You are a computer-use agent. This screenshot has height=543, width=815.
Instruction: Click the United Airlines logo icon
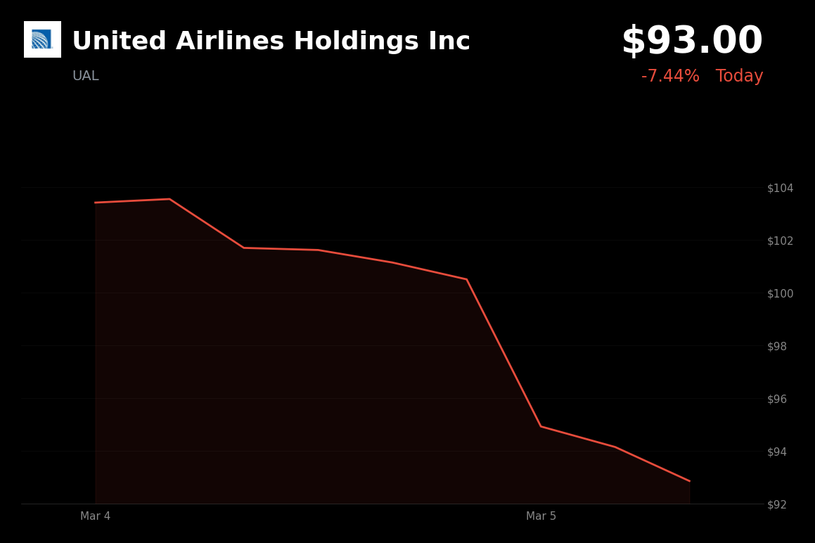tap(42, 39)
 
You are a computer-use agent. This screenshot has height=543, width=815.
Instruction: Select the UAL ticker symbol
tap(86, 76)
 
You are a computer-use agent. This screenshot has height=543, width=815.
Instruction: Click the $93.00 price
tap(692, 41)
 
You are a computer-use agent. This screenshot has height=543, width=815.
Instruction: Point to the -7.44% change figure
tap(670, 77)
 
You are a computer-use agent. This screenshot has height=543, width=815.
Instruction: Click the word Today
tap(739, 77)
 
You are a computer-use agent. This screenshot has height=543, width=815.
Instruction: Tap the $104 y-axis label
tap(780, 188)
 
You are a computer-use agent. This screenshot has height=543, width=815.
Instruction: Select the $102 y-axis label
tap(780, 241)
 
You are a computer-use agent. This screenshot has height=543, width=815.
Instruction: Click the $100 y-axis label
tap(780, 293)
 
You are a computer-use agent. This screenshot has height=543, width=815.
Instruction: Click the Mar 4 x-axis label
tap(96, 516)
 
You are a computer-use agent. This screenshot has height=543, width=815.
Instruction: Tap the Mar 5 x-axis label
tap(541, 516)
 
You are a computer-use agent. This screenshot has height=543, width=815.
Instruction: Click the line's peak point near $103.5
tap(169, 199)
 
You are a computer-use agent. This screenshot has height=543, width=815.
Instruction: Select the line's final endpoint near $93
tap(689, 481)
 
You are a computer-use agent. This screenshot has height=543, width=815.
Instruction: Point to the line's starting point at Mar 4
tap(96, 203)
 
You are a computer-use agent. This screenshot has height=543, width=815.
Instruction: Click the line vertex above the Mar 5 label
tap(541, 426)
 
